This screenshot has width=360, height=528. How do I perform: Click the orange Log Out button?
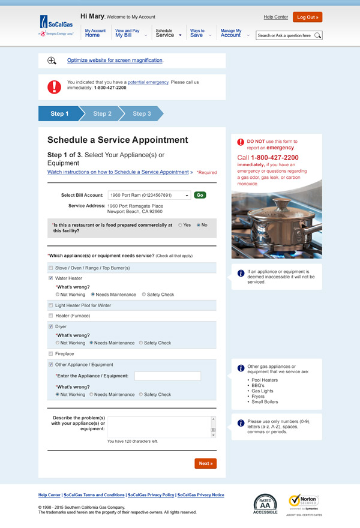pyautogui.click(x=307, y=17)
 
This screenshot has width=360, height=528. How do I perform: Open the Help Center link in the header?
pyautogui.click(x=276, y=17)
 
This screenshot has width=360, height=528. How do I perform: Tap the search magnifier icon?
pyautogui.click(x=318, y=36)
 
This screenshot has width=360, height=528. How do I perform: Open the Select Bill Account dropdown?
pyautogui.click(x=187, y=195)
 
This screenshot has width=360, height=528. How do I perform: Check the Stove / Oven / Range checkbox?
pyautogui.click(x=50, y=268)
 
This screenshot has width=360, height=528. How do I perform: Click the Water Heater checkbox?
pyautogui.click(x=50, y=278)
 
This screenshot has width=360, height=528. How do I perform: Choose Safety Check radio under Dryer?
pyautogui.click(x=141, y=343)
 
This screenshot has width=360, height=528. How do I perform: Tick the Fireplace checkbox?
pyautogui.click(x=50, y=354)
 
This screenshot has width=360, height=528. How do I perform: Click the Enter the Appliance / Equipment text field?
pyautogui.click(x=167, y=376)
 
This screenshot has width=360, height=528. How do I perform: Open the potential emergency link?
pyautogui.click(x=148, y=82)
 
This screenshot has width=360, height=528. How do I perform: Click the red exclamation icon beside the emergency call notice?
pyautogui.click(x=54, y=86)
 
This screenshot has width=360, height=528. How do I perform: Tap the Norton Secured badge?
pyautogui.click(x=304, y=503)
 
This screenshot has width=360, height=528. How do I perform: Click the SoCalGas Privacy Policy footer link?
pyautogui.click(x=152, y=496)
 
